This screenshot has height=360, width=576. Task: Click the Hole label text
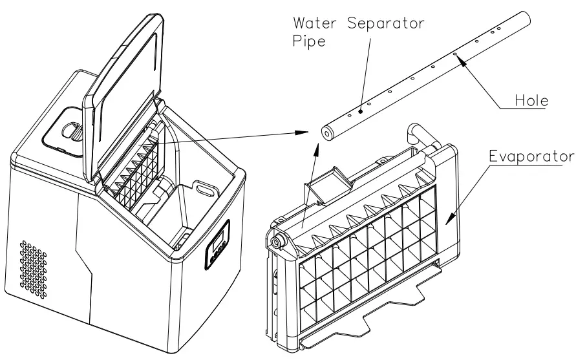529,101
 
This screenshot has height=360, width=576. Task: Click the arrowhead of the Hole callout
458,58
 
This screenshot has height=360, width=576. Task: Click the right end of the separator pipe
524,17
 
